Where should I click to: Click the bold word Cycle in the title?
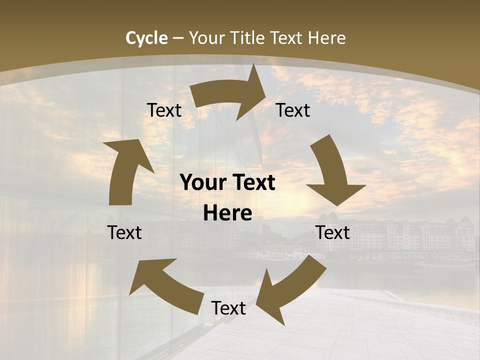tap(146, 38)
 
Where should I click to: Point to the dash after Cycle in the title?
tap(177, 38)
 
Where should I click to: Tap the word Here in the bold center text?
tap(227, 213)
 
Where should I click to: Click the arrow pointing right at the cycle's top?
tap(227, 95)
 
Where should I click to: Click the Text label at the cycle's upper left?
tap(164, 110)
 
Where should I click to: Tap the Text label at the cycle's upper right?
tap(293, 110)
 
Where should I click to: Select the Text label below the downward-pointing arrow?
tap(332, 233)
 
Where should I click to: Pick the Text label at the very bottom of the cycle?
tap(228, 308)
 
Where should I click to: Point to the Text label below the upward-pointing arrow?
tap(124, 233)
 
